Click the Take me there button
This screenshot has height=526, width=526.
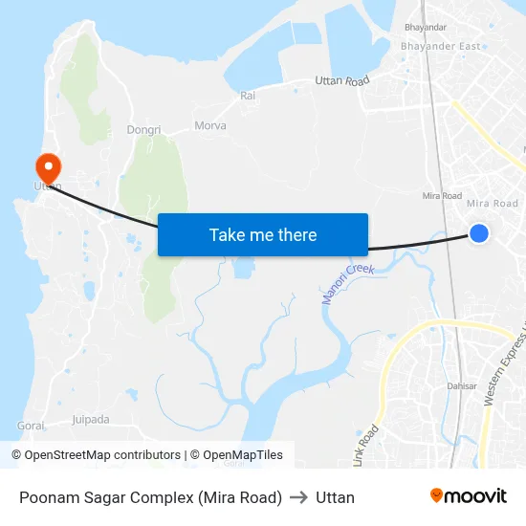click(263, 234)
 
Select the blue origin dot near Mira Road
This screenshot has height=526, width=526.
click(479, 233)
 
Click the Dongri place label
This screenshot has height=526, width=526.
click(143, 129)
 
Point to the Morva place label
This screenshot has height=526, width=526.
click(210, 125)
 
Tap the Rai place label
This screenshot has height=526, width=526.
click(248, 96)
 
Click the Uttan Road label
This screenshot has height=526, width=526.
click(342, 82)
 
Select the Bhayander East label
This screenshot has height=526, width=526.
click(441, 46)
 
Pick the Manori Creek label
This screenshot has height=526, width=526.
click(346, 284)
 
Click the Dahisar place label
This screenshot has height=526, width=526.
click(461, 386)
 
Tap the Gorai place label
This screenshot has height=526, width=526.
click(31, 425)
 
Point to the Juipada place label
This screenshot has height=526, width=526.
click(91, 419)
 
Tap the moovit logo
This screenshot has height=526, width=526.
click(468, 495)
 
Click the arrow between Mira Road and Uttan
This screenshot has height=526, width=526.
click(298, 497)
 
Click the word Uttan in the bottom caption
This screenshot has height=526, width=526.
click(335, 497)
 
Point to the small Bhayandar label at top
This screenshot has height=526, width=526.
click(426, 28)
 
